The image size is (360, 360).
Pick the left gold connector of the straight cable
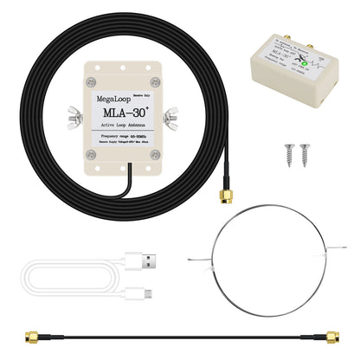(29, 332)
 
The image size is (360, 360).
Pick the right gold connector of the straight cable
(328, 332)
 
